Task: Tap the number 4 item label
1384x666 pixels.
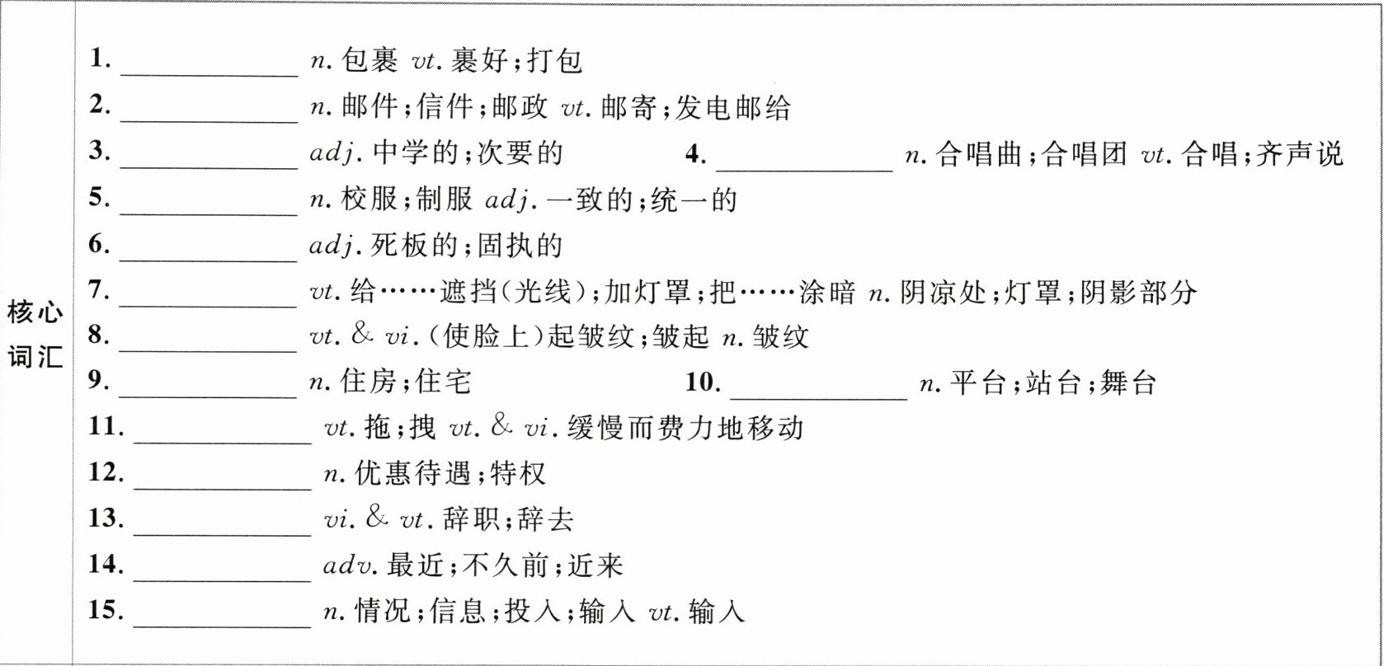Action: point(695,154)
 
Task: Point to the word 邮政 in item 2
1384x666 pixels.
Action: point(520,107)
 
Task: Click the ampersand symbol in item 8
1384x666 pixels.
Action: point(361,334)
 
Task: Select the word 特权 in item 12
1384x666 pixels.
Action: point(518,473)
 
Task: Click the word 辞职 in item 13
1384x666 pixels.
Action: point(473,519)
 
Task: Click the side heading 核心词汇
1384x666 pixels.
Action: point(35,336)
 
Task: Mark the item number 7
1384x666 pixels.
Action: point(99,290)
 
